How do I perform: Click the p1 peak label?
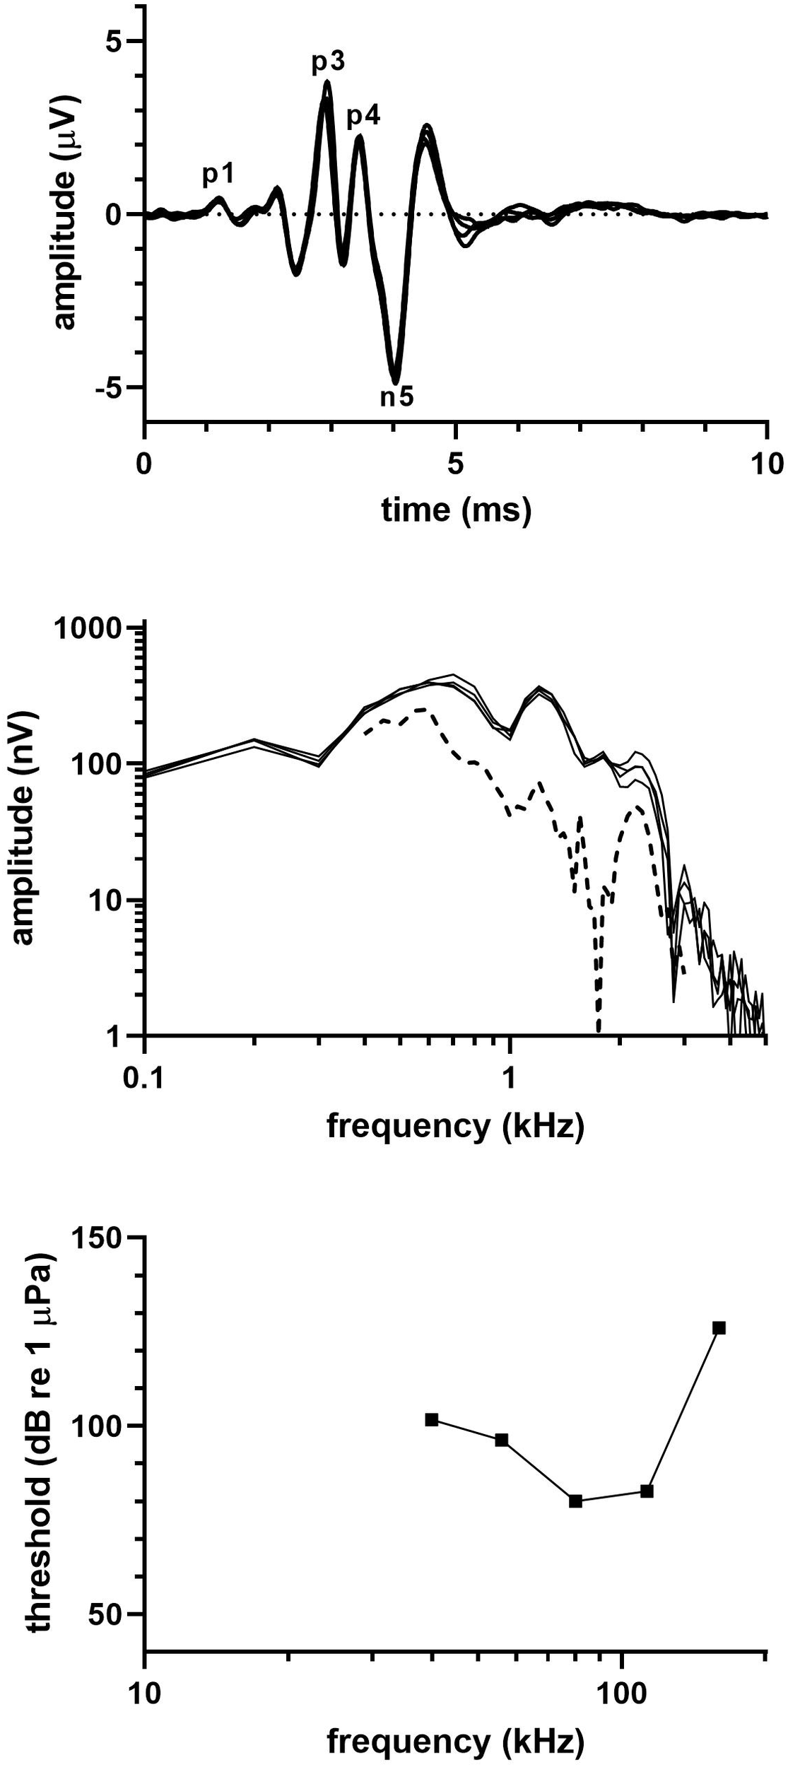point(218,175)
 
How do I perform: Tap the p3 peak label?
point(328,63)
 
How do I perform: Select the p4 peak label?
point(363,116)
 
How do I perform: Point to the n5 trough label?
point(396,397)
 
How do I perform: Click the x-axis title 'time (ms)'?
point(456,509)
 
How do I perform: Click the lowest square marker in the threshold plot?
point(575,1515)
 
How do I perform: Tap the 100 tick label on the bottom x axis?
point(621,1699)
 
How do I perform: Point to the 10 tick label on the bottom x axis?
point(144,1699)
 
